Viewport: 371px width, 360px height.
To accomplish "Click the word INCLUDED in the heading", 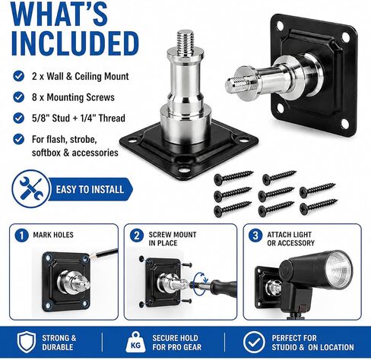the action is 75,43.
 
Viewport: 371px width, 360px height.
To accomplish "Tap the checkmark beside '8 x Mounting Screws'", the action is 18,97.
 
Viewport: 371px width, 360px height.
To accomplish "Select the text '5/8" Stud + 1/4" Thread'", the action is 78,118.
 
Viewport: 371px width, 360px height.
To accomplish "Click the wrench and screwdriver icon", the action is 30,189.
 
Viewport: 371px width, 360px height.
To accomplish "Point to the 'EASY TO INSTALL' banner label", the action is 90,189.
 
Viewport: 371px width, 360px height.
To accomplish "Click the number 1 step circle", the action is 21,235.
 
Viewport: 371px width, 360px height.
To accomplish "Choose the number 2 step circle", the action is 137,235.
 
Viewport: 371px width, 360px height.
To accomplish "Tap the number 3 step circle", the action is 255,235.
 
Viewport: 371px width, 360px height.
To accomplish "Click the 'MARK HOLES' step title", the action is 53,235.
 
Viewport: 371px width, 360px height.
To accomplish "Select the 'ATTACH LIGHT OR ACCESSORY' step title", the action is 290,238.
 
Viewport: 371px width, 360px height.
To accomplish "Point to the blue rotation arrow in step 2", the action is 200,283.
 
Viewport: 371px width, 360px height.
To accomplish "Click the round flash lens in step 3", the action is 339,270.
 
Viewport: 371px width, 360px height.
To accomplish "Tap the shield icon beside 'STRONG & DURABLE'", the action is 27,343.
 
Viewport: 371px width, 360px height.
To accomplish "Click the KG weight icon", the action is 136,343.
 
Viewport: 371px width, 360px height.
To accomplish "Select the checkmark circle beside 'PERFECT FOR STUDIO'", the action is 254,343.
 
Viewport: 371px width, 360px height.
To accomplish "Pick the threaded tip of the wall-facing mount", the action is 233,85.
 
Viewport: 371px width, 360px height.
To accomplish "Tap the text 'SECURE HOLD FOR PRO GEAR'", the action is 176,343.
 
